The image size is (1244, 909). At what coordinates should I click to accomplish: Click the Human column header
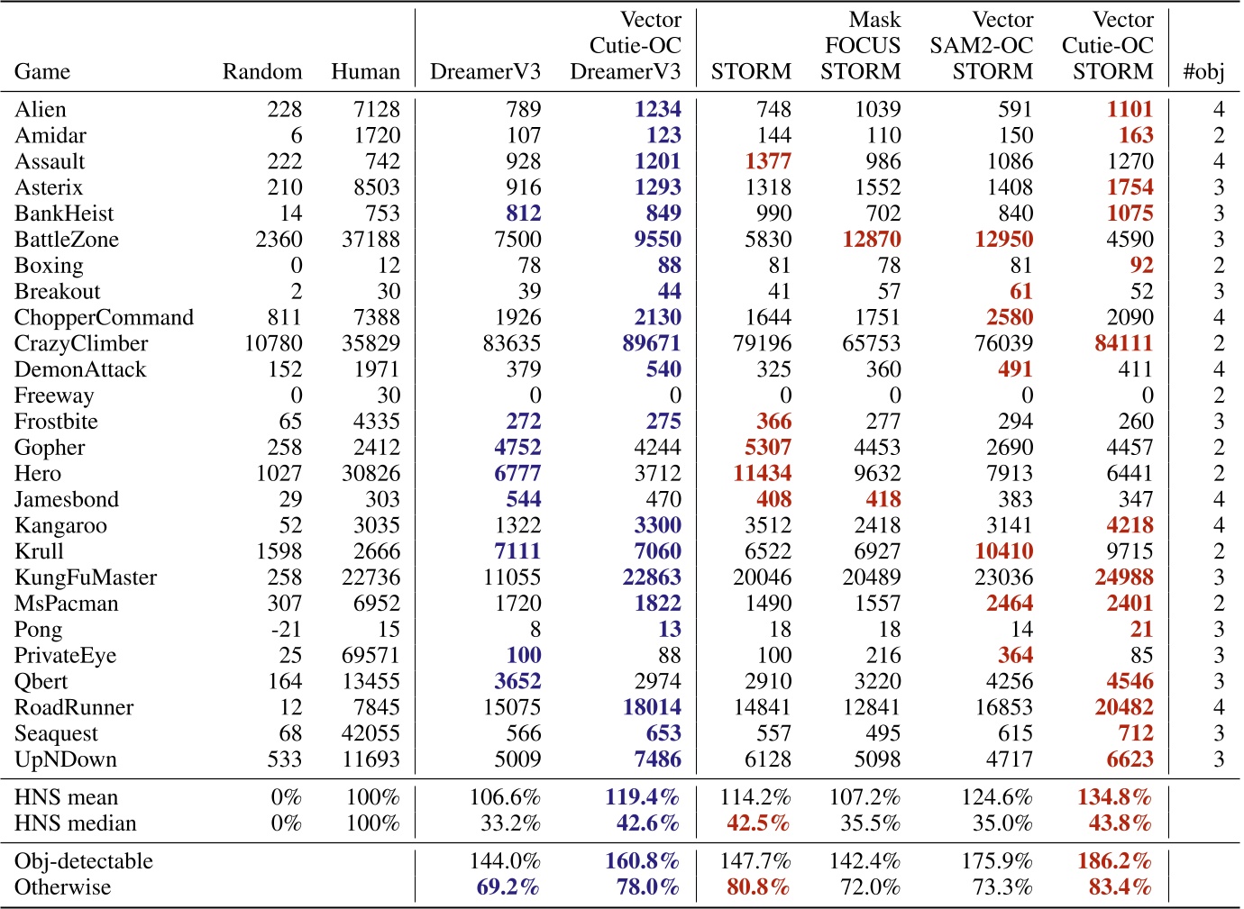coord(365,72)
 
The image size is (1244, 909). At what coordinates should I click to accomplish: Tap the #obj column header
coord(1203,72)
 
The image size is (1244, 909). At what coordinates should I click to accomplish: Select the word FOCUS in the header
coord(862,46)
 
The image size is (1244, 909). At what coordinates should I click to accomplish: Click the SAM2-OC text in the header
coord(981,46)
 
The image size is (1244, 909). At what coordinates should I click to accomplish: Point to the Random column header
coord(262,72)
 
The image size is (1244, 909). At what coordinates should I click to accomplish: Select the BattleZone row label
coord(67,240)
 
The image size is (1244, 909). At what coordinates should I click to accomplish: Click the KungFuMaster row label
coord(86,577)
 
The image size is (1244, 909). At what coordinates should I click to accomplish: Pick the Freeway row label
coord(54,395)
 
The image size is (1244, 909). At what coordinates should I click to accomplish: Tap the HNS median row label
coord(76,823)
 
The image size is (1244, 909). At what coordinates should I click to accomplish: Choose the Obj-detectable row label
coord(84,861)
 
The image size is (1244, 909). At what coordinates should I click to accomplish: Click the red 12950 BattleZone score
coord(1003,240)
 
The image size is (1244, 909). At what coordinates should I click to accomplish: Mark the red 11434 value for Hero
coord(761,473)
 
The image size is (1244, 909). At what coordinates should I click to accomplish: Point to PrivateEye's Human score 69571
coord(370,656)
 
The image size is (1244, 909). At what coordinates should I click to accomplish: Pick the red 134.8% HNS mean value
coord(1114,797)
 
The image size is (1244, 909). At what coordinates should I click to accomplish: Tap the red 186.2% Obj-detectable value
coord(1114,861)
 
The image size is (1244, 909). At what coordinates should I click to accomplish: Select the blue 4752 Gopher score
coord(517,448)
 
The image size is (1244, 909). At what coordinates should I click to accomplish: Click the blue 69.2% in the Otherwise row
coord(508,887)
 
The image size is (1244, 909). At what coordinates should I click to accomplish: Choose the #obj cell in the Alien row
coord(1218,110)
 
